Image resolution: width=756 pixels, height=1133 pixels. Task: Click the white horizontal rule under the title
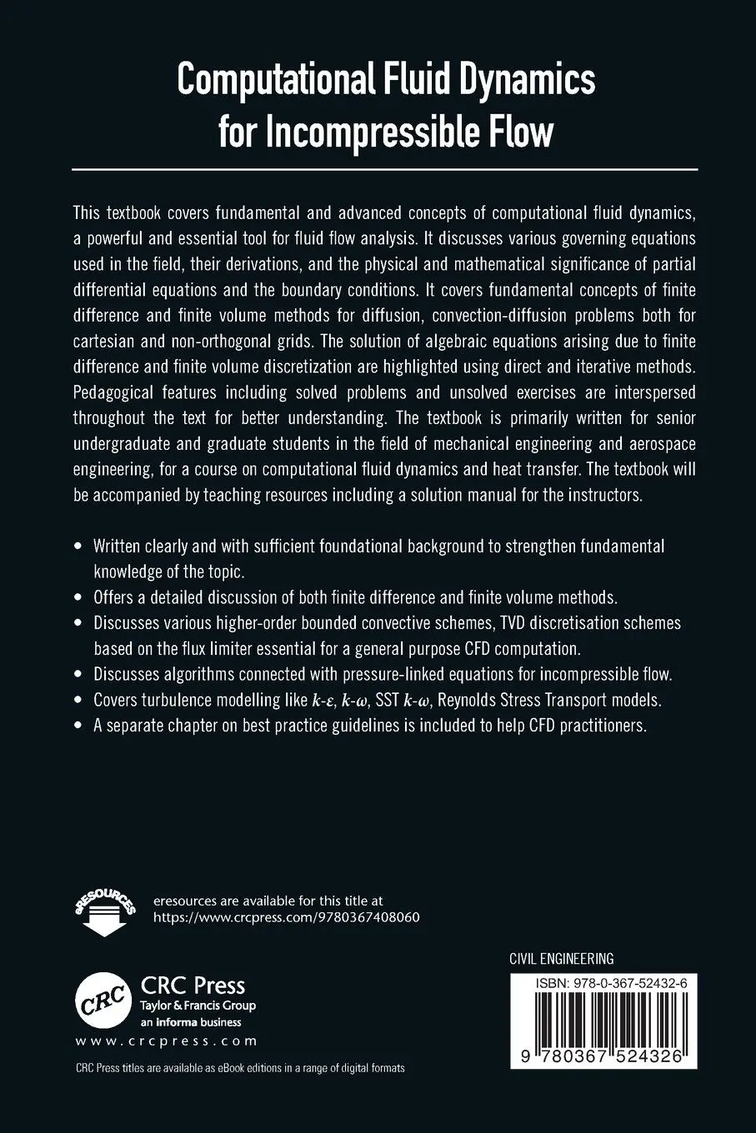pyautogui.click(x=384, y=169)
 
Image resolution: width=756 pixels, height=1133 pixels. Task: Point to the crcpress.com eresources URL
pyautogui.click(x=287, y=917)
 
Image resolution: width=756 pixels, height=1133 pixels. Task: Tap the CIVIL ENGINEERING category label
pyautogui.click(x=561, y=959)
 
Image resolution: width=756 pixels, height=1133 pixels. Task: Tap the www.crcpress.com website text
pyautogui.click(x=167, y=1041)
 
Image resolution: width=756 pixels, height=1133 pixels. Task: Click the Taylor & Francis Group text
pyautogui.click(x=198, y=1006)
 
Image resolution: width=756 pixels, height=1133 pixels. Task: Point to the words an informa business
pyautogui.click(x=191, y=1022)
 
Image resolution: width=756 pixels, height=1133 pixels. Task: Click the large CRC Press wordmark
pyautogui.click(x=193, y=986)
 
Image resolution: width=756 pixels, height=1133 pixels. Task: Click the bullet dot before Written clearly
pyautogui.click(x=78, y=547)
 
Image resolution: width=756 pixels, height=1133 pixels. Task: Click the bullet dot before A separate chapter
pyautogui.click(x=78, y=726)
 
